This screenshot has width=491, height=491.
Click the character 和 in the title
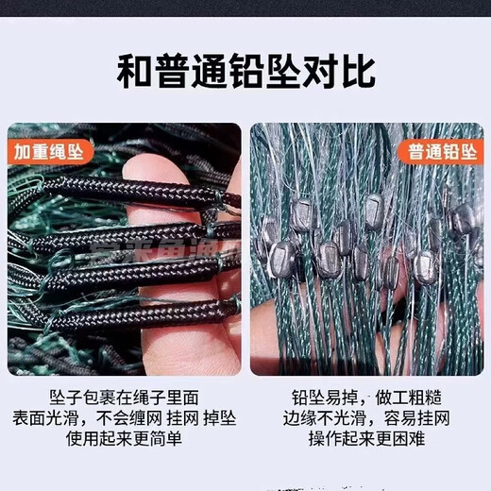pos(134,72)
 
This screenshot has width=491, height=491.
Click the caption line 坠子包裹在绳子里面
pos(124,395)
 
